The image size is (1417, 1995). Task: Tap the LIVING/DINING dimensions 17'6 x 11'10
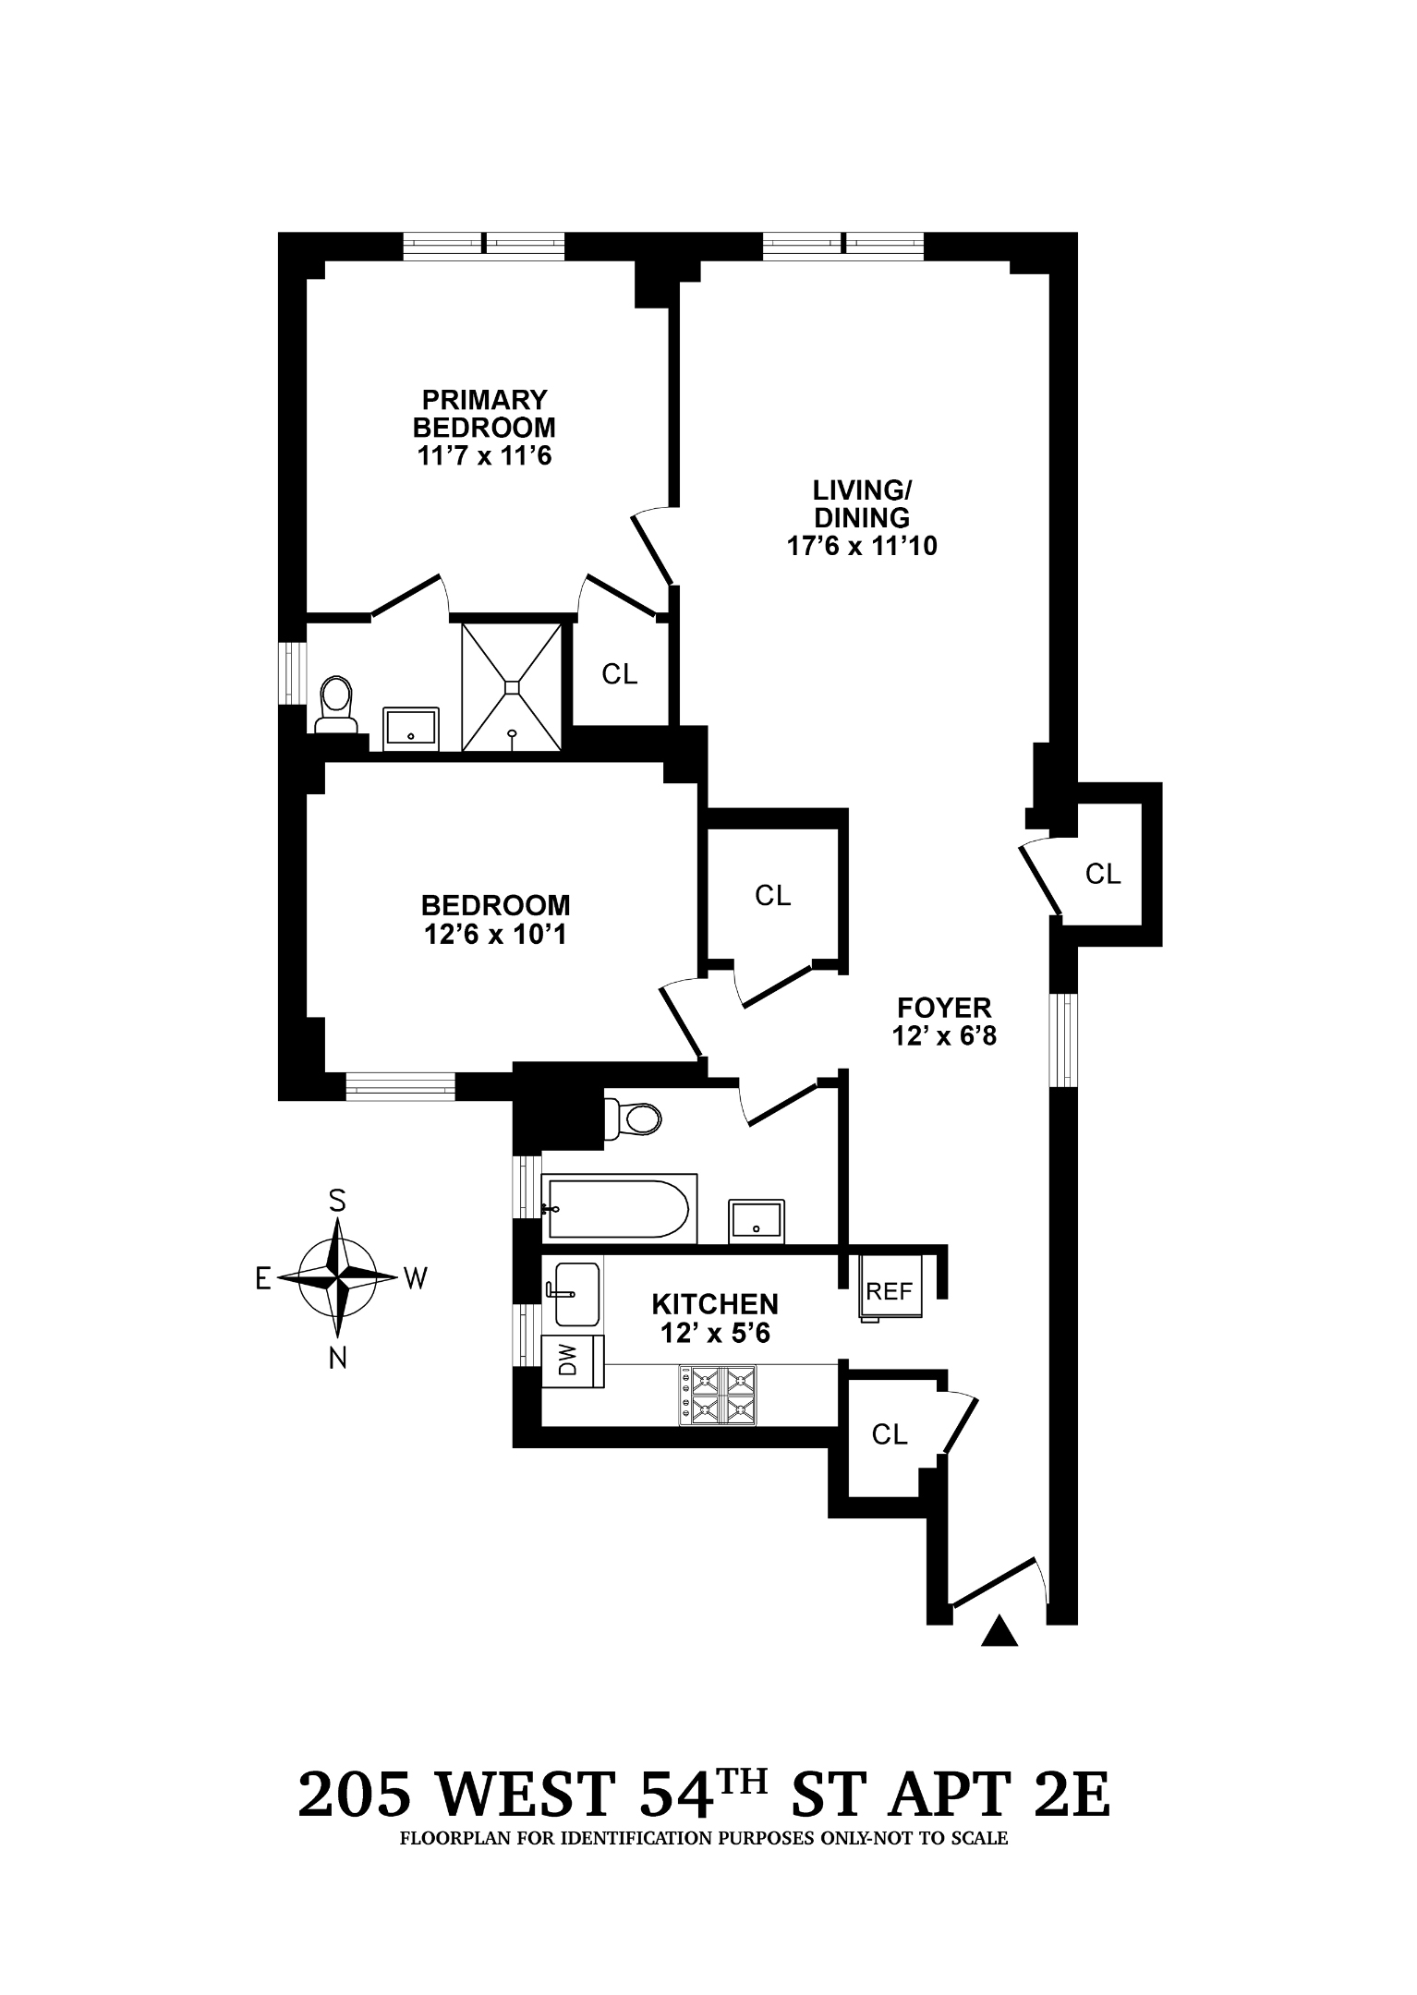point(861,546)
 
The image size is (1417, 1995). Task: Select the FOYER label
point(943,1007)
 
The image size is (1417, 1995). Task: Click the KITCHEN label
point(715,1304)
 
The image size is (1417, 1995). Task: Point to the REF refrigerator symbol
point(890,1291)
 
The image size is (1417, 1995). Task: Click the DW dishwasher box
point(571,1360)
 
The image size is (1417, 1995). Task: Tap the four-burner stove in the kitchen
point(719,1396)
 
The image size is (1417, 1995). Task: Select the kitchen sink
point(575,1292)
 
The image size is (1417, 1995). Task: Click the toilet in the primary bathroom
point(335,703)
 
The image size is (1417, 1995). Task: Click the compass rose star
point(338,1278)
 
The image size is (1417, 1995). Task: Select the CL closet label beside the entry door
point(890,1434)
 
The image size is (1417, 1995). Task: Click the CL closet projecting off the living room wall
point(1102,874)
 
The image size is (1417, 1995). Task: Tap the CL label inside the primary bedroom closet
point(619,674)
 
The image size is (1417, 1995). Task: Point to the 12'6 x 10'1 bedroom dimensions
point(494,935)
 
